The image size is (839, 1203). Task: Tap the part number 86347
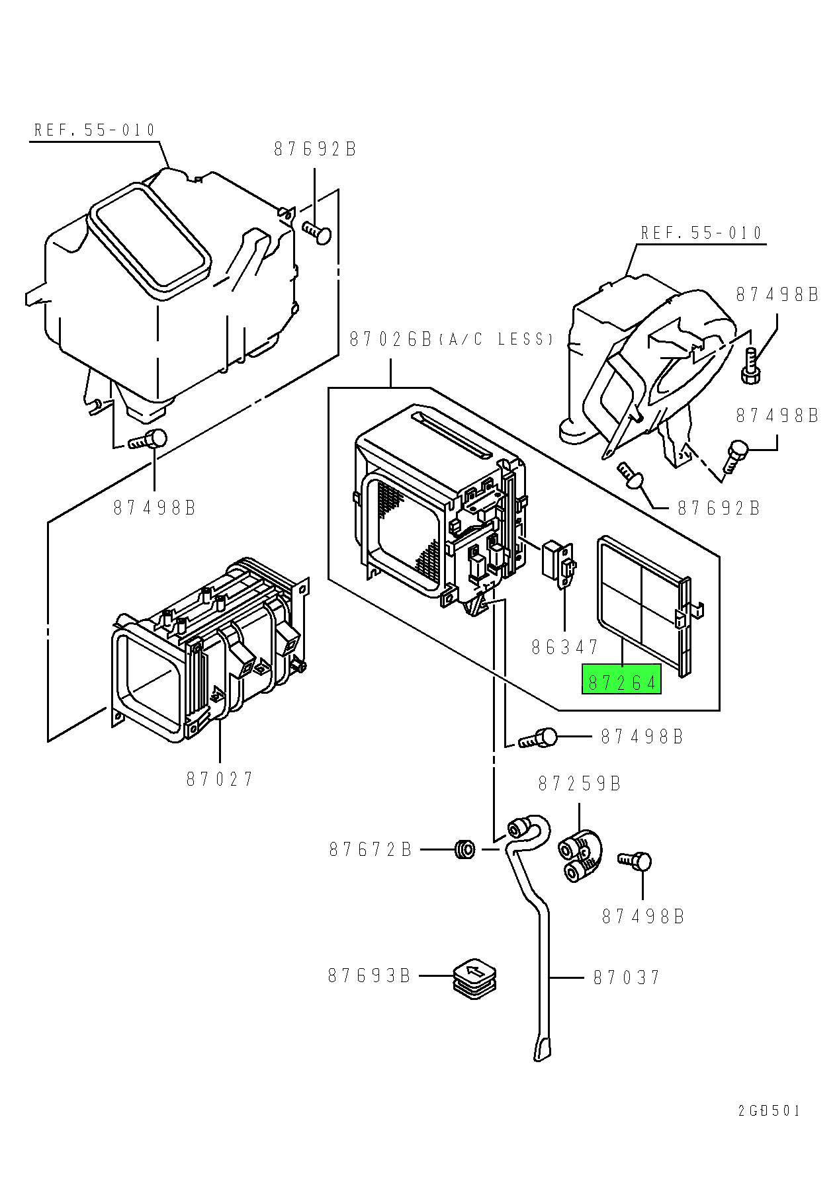coord(564,646)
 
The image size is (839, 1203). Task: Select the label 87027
coord(220,779)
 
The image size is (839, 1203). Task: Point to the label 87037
coord(626,977)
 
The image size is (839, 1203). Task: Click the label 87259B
coord(579,784)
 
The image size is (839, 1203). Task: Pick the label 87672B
coord(371,849)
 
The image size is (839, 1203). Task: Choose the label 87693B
coord(369,975)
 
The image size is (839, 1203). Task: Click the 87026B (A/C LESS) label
coord(450,339)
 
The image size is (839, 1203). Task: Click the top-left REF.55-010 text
coord(95,130)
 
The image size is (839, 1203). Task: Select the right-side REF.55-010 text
coord(701,233)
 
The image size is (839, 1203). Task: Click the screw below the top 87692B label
coord(318,232)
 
